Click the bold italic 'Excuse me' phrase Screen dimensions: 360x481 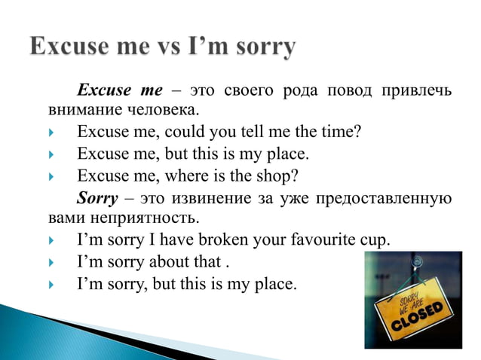[120, 91]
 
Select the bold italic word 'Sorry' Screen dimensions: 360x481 [97, 199]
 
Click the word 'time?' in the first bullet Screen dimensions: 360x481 [340, 133]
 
